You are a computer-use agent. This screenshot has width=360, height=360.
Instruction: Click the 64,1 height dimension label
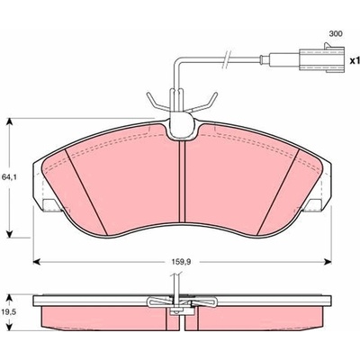[10, 177]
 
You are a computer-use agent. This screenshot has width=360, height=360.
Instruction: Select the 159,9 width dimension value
[182, 262]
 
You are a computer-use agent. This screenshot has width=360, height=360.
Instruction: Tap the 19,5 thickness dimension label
[10, 312]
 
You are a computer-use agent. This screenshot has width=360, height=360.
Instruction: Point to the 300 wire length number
[336, 34]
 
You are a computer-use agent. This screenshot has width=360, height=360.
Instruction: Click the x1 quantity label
[355, 61]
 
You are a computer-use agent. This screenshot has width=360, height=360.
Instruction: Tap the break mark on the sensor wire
[226, 58]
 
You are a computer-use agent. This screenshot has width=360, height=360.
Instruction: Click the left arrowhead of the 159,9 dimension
[36, 262]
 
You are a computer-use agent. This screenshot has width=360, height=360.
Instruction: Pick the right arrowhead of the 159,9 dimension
[328, 262]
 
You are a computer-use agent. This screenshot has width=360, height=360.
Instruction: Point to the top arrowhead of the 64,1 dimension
[10, 122]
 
